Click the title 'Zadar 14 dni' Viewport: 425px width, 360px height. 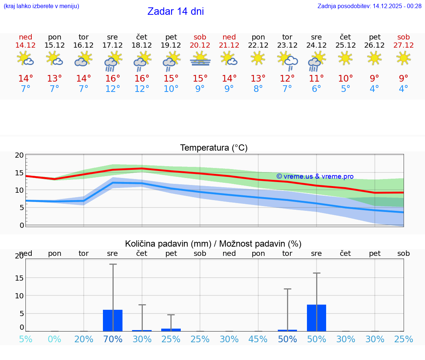click(x=176, y=11)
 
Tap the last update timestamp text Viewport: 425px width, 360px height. click(x=369, y=6)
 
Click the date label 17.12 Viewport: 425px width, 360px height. click(x=113, y=45)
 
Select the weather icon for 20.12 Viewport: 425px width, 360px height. click(x=200, y=59)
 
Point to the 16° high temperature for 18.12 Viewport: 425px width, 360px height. click(x=142, y=79)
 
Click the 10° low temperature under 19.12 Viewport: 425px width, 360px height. click(x=171, y=89)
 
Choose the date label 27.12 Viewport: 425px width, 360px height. click(x=404, y=45)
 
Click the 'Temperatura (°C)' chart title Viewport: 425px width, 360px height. click(x=214, y=148)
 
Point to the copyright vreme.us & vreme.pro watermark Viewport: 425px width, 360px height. click(x=315, y=176)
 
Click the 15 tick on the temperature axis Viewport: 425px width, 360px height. click(x=19, y=173)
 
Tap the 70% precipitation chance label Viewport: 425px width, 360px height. click(x=113, y=339)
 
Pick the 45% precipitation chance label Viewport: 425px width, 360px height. click(x=258, y=339)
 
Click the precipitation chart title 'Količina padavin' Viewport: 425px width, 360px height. click(x=213, y=244)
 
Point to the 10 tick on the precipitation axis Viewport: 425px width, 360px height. click(x=19, y=296)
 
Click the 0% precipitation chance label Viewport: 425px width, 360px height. click(x=55, y=339)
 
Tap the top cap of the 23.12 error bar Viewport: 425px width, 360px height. click(x=287, y=289)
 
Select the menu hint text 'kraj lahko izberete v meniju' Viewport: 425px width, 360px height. click(x=41, y=6)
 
